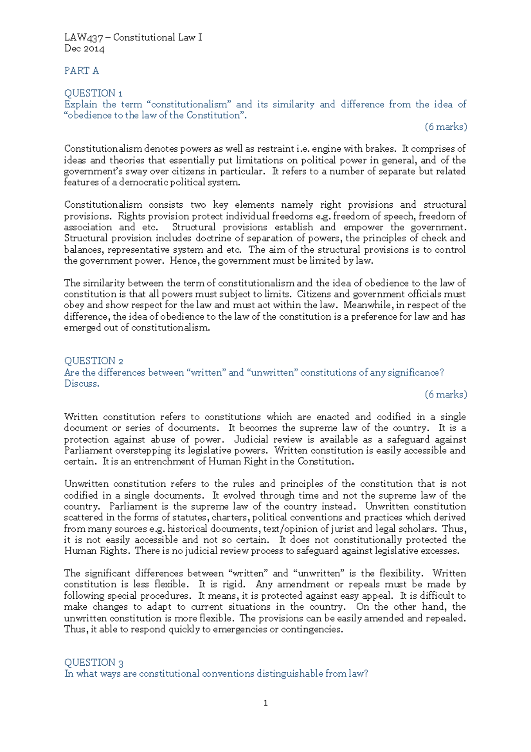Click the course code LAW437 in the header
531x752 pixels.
tap(84, 38)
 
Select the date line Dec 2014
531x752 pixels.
tap(84, 49)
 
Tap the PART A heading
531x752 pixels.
tap(81, 71)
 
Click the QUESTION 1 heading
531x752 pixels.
tap(93, 93)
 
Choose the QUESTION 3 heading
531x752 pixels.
tap(94, 663)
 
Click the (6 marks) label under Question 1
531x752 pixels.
tap(446, 127)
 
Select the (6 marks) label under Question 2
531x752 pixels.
tap(446, 394)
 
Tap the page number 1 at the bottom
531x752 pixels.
tap(265, 703)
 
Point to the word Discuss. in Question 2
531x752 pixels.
tap(82, 384)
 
